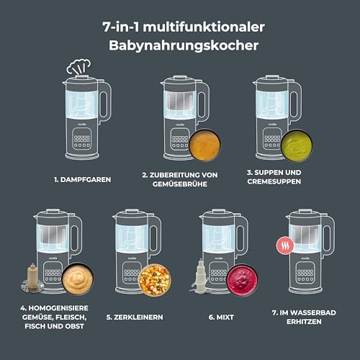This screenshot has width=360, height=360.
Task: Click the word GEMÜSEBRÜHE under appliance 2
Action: pos(183,184)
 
